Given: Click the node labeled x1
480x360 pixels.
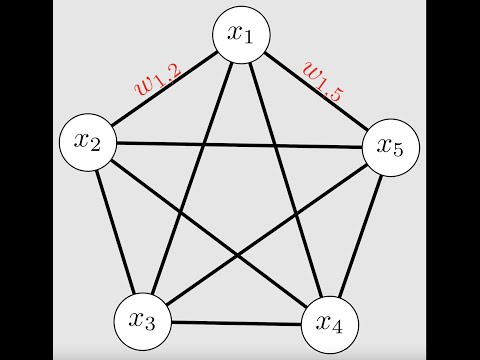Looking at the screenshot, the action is tap(243, 36).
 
